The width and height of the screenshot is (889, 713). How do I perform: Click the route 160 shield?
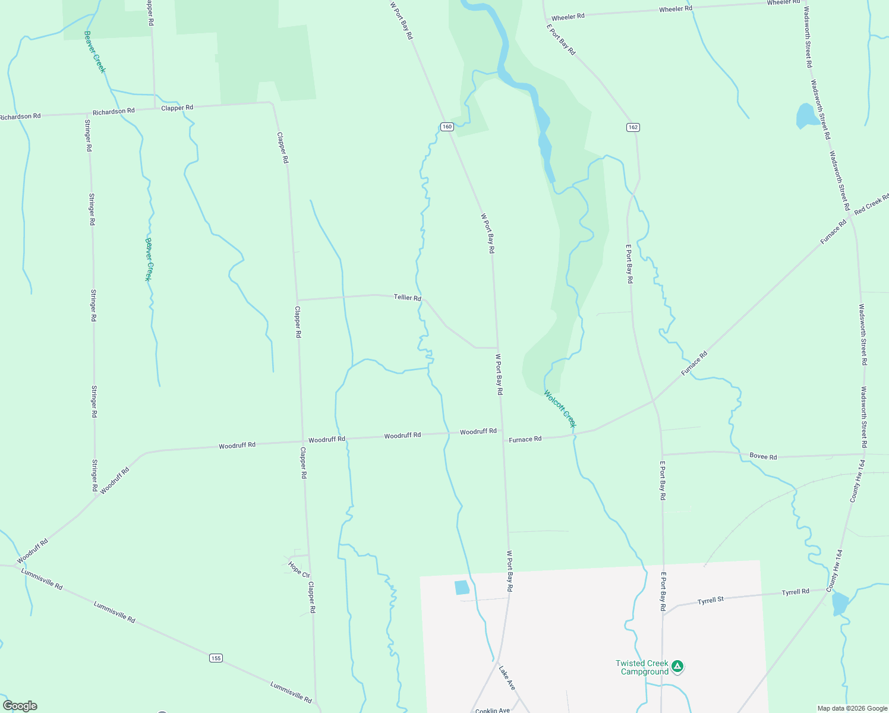click(447, 127)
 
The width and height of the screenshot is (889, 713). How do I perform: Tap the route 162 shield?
click(632, 127)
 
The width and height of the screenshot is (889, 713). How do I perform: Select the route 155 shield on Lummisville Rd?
click(216, 658)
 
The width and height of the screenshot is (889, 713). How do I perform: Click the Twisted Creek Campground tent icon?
click(678, 667)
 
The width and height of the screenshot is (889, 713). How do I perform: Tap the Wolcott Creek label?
click(560, 409)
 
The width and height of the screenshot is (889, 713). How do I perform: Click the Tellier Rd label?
click(407, 297)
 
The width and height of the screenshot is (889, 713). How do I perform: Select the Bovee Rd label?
click(763, 456)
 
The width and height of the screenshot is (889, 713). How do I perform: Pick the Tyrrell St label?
click(711, 601)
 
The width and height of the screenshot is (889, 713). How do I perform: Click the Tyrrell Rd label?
click(795, 592)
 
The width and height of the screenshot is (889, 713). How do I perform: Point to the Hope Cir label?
click(299, 570)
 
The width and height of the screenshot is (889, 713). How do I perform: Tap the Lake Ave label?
click(506, 677)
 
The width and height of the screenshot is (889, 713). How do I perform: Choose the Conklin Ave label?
click(493, 710)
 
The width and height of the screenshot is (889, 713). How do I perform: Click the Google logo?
click(20, 706)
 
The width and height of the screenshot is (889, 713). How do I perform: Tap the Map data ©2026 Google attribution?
click(852, 708)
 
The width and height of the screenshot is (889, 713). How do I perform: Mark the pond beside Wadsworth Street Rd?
click(807, 116)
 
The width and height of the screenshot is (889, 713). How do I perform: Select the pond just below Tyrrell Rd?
click(840, 604)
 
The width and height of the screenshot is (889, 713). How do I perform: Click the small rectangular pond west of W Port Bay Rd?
click(462, 588)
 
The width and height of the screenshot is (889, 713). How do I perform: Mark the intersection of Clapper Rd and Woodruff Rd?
click(302, 441)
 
